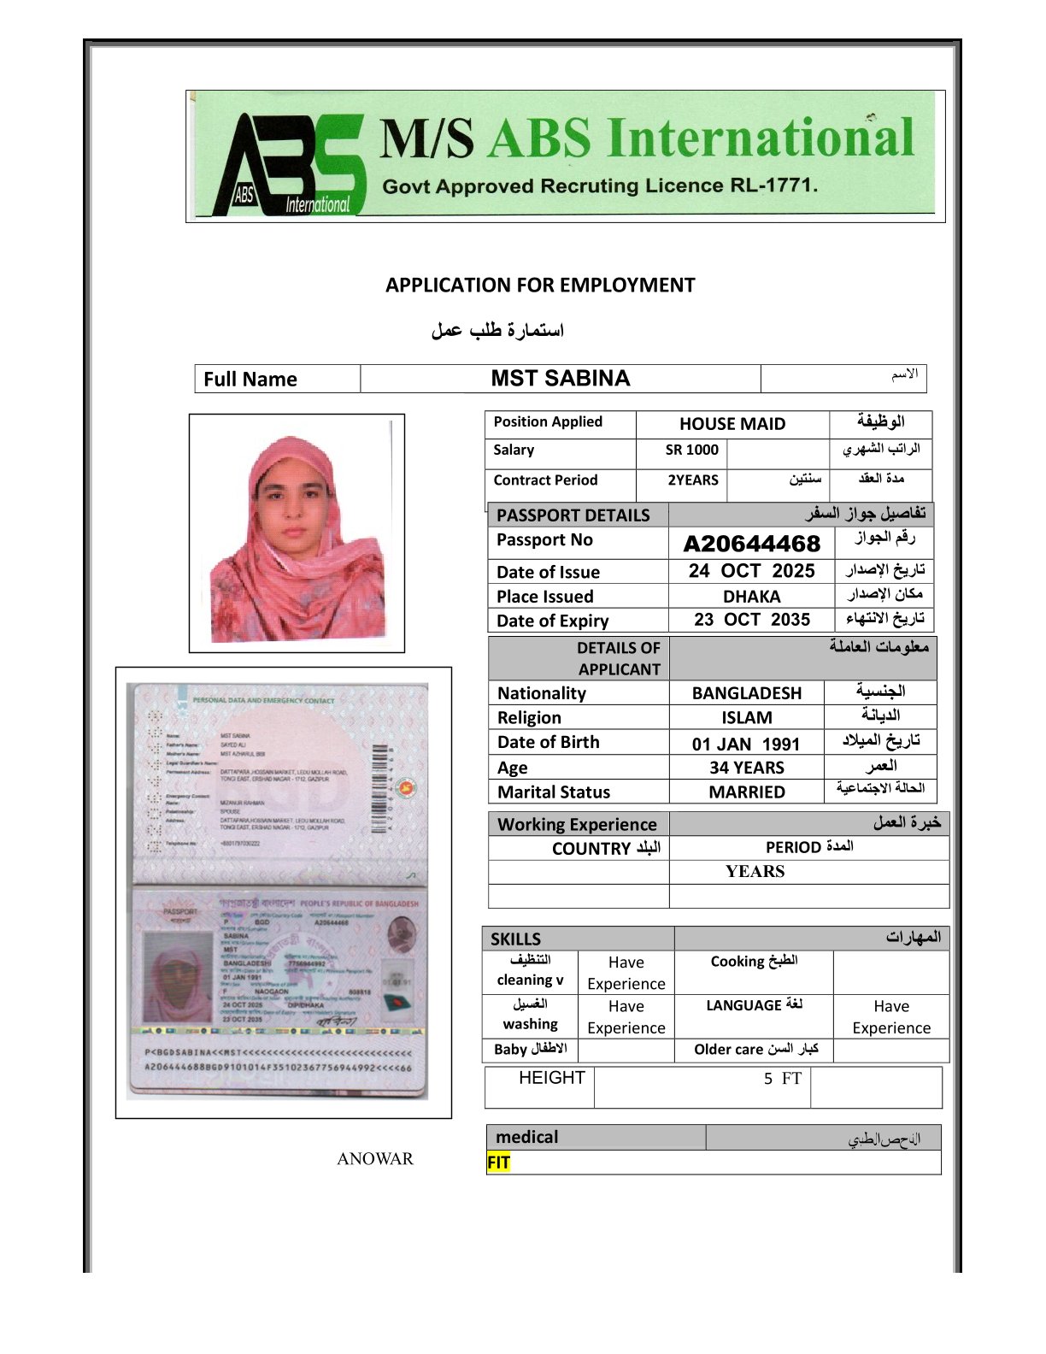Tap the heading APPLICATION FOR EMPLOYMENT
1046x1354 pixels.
tap(540, 286)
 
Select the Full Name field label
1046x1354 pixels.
tap(250, 380)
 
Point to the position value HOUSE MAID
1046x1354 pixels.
tap(732, 424)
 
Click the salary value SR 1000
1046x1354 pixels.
tap(692, 450)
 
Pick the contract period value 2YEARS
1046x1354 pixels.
tap(693, 480)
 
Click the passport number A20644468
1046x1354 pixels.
tap(752, 544)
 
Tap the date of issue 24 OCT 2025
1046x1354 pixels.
tap(752, 571)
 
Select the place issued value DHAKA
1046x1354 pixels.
tap(752, 597)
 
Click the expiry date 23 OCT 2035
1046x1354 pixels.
tap(752, 620)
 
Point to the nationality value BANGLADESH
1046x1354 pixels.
tap(747, 693)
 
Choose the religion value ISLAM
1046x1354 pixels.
tap(747, 718)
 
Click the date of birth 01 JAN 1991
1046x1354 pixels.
tap(746, 744)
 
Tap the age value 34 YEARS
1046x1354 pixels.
tap(747, 768)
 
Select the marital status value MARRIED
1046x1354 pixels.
tap(747, 792)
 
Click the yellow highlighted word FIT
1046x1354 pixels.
tap(498, 1163)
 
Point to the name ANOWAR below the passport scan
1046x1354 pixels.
tap(375, 1159)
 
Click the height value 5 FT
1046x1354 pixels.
tap(783, 1079)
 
